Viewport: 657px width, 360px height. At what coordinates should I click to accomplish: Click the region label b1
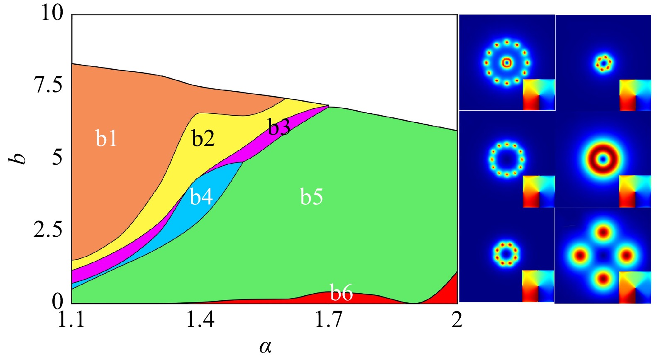coord(106,139)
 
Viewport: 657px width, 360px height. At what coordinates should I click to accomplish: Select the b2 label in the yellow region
coord(203,139)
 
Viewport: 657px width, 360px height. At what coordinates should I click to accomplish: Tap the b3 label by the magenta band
coord(278,127)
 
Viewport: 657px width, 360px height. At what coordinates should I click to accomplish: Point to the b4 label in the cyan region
coord(201,197)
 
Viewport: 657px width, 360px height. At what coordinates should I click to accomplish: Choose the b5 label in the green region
coord(311,197)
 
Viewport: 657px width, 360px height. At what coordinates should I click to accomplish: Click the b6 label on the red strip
coord(341,293)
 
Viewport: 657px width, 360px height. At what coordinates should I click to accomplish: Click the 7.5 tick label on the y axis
coord(49,85)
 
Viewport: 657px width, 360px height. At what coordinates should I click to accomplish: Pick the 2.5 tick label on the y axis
coord(49,229)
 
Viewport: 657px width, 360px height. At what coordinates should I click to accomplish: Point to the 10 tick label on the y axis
coord(52,13)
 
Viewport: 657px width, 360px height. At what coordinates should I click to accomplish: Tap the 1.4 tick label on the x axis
coord(200,320)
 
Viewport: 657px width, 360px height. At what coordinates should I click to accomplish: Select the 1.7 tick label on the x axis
coord(329,320)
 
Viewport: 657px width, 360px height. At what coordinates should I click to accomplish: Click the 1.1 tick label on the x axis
coord(71,320)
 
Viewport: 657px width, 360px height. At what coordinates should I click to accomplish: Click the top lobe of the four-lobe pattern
coord(603,231)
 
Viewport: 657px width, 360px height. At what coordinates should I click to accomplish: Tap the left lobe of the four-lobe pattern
coord(579,255)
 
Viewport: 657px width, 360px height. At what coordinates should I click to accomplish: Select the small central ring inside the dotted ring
coord(506,63)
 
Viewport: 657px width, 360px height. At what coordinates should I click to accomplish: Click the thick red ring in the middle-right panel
coord(603,159)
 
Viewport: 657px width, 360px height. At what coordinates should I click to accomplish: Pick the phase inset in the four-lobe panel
coord(635,287)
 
